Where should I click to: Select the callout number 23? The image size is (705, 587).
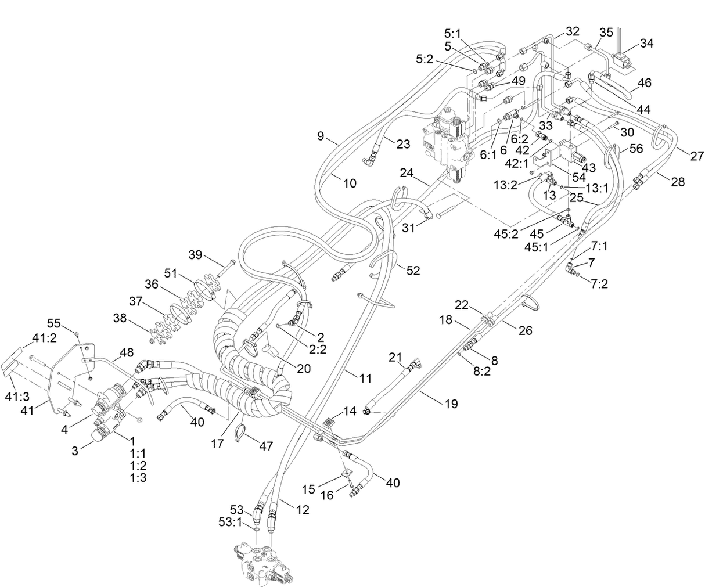pos(403,143)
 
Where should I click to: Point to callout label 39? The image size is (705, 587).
pos(196,254)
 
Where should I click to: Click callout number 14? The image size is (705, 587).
pos(350,411)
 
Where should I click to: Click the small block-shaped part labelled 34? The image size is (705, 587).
pos(623,62)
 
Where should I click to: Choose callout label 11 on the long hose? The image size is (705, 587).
pos(365,379)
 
